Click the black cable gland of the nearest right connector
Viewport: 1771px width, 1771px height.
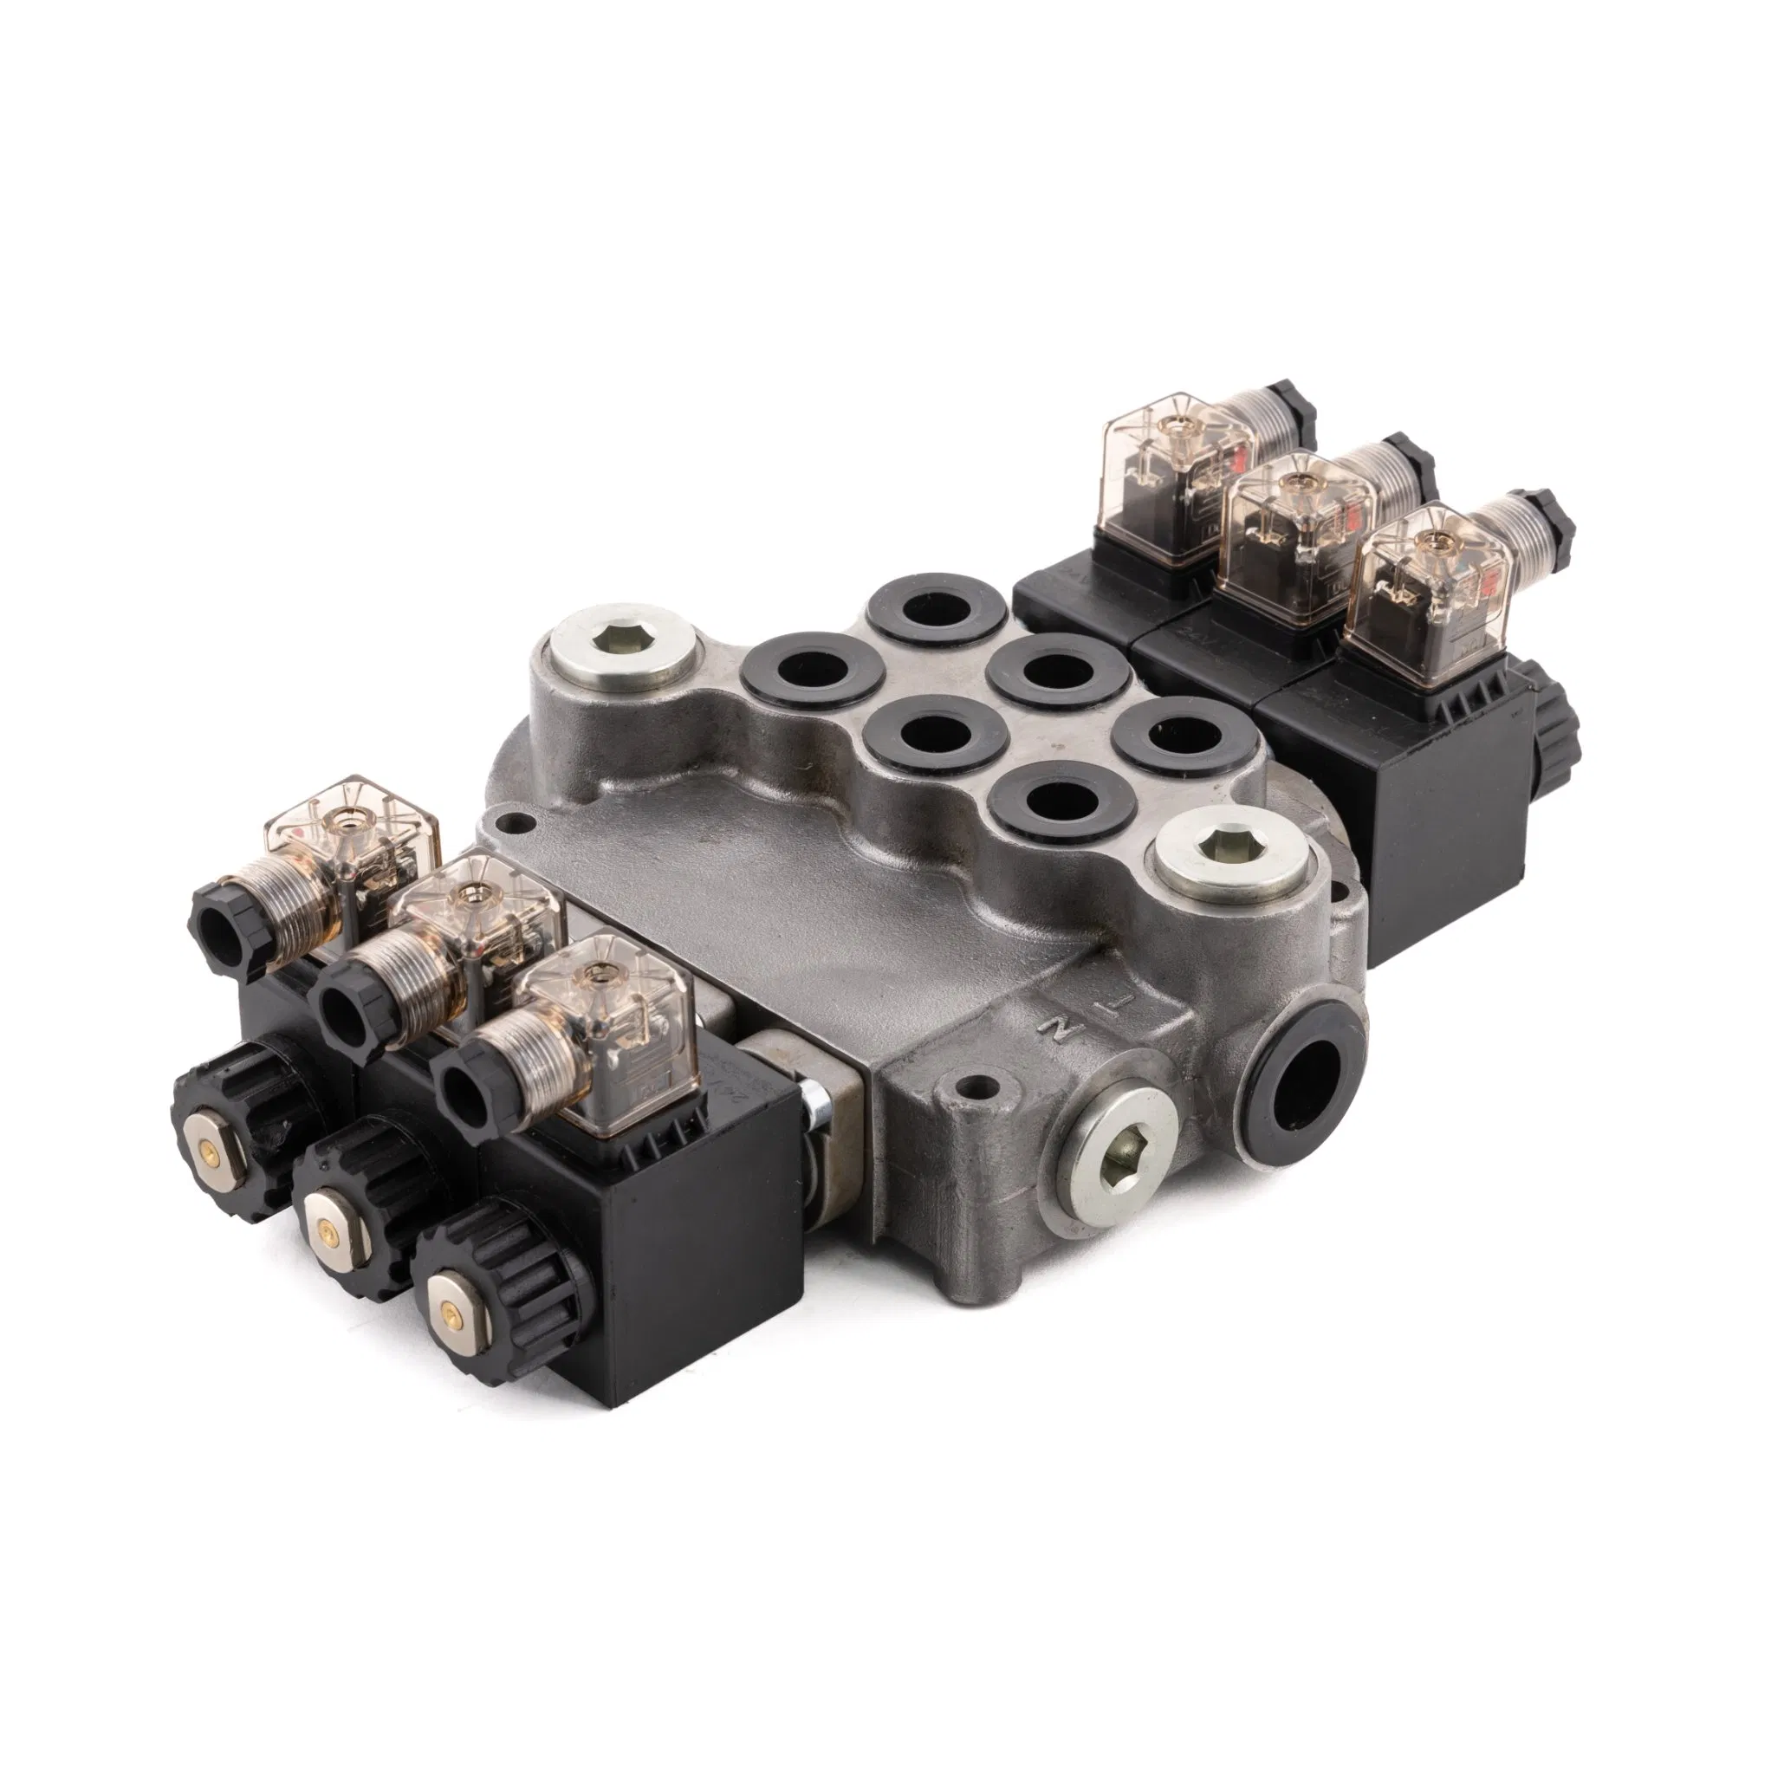1551,522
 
